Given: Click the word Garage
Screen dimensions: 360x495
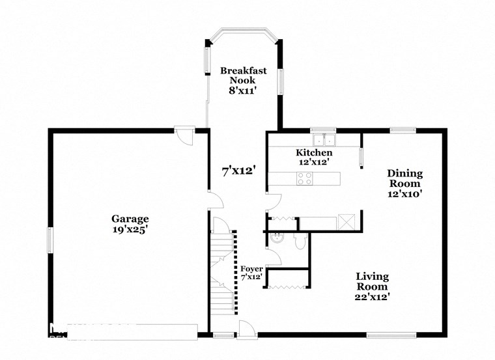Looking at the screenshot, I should [130, 219].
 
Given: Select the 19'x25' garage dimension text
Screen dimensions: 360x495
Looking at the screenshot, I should [130, 229].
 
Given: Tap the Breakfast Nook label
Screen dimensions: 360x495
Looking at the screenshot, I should [243, 75].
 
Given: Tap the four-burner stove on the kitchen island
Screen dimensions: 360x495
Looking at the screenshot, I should [304, 178].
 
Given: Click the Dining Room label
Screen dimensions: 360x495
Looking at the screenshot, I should [404, 178].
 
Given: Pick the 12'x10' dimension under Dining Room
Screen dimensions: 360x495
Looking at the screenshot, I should [404, 193].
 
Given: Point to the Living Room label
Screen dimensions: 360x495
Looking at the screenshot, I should [372, 282].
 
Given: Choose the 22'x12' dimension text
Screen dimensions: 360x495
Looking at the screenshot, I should [372, 297].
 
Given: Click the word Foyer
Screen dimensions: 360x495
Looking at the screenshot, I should [251, 268].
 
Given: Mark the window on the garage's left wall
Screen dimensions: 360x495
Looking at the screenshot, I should [49, 240].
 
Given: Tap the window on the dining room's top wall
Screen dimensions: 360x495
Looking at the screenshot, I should [403, 130].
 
